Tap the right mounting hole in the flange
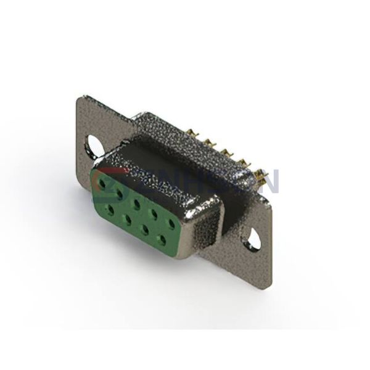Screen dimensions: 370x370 (x=255, y=234)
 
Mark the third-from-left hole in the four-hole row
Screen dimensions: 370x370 (x=144, y=226)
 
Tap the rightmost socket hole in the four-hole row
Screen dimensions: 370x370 (x=162, y=235)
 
